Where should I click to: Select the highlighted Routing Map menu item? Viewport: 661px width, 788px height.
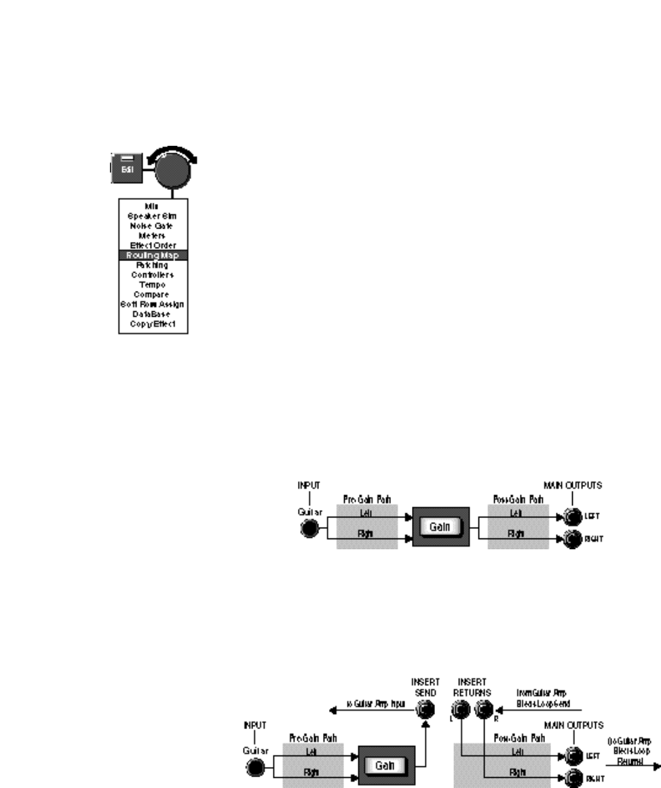click(152, 255)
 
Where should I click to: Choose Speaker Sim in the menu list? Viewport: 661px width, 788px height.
click(152, 216)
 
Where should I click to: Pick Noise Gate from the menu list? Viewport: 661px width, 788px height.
click(152, 225)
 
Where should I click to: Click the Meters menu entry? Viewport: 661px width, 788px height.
click(152, 235)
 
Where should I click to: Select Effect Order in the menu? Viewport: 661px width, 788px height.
click(152, 245)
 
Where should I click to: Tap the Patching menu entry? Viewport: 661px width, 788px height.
click(152, 265)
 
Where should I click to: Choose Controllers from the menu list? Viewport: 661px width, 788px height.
click(152, 275)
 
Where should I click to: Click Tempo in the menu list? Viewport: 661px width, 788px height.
click(152, 285)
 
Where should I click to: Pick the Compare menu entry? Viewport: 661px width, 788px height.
click(152, 294)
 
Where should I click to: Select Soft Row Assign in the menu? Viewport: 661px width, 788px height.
click(152, 304)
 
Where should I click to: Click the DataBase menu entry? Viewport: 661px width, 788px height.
click(152, 314)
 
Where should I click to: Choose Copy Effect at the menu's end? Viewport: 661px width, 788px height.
click(152, 324)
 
